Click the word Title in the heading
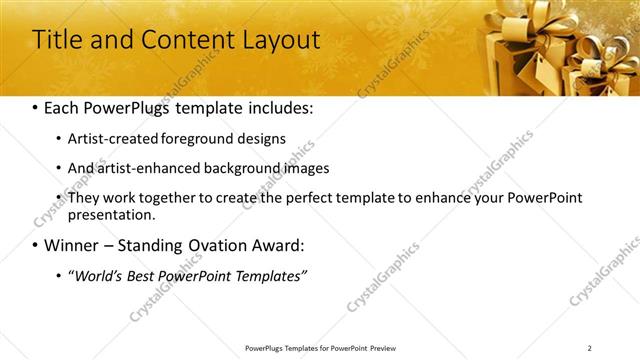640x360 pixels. (58, 40)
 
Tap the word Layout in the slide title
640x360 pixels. (277, 40)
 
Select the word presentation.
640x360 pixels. (111, 214)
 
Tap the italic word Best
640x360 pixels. (146, 275)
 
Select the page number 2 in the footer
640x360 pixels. (590, 348)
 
